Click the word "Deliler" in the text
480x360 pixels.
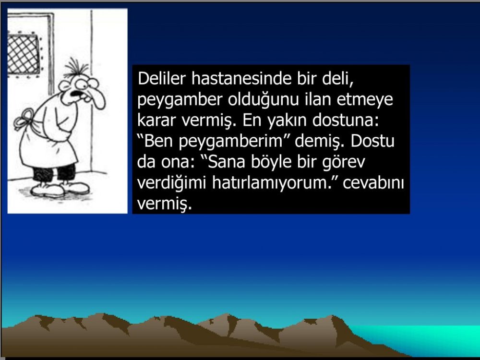click(x=161, y=79)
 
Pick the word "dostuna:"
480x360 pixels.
click(x=346, y=120)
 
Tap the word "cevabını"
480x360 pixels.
click(x=373, y=183)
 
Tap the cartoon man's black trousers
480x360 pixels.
click(x=54, y=173)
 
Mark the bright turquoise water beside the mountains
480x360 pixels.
click(x=429, y=338)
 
